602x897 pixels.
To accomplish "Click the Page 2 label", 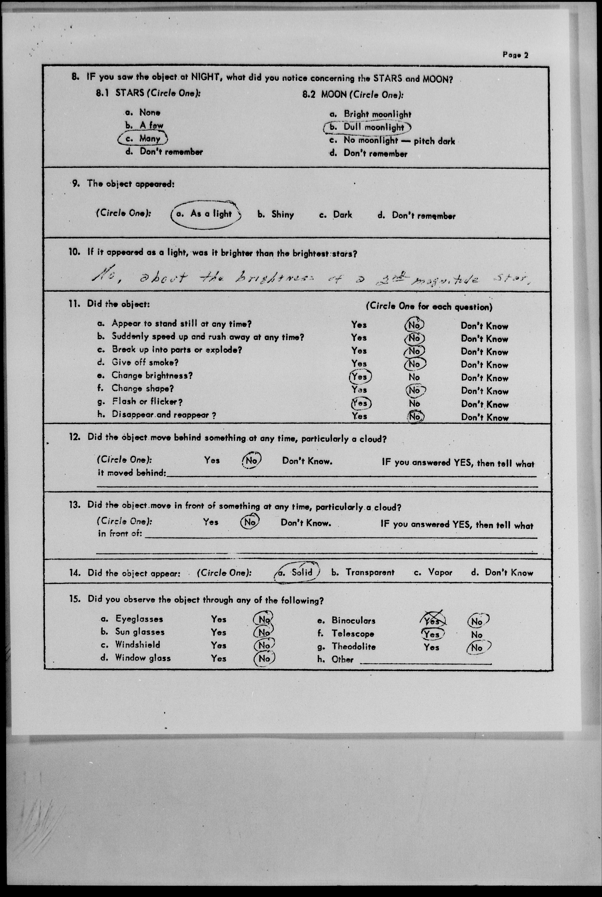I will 515,55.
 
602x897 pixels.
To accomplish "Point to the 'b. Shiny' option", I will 276,215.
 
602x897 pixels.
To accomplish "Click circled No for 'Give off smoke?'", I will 415,364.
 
